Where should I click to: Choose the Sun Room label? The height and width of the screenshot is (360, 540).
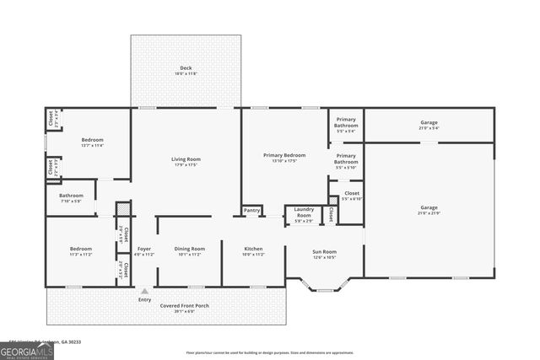(325, 254)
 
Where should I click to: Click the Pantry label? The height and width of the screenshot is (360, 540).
(251, 211)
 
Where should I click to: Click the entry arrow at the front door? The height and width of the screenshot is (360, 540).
(144, 290)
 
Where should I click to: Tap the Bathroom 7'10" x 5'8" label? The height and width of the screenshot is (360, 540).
(72, 198)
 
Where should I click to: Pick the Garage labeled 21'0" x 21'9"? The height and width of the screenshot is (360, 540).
(429, 210)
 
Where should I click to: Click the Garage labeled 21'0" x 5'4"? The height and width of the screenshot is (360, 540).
(429, 125)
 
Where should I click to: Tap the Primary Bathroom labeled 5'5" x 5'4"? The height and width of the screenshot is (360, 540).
(346, 125)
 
